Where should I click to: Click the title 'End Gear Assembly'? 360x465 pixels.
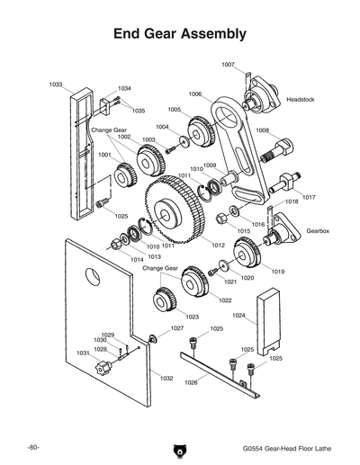[x=179, y=34]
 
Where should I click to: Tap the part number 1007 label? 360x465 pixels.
[x=228, y=64]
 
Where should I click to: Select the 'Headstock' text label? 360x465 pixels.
[x=300, y=99]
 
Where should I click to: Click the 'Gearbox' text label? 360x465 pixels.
[x=319, y=231]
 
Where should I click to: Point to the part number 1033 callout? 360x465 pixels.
[x=55, y=84]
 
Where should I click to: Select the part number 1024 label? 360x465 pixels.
[x=238, y=316]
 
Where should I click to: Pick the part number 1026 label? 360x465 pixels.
[x=191, y=383]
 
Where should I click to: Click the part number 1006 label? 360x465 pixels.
[x=195, y=94]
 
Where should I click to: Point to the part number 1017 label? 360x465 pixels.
[x=309, y=197]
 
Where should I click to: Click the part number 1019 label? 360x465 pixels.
[x=278, y=271]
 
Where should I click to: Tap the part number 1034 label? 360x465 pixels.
[x=125, y=88]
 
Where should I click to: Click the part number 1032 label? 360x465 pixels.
[x=166, y=379]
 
